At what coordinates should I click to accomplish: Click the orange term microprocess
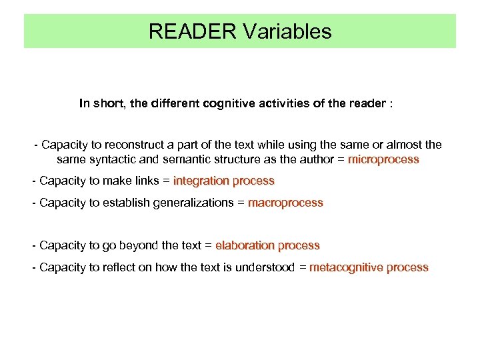(383, 159)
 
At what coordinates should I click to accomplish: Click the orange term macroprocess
(285, 203)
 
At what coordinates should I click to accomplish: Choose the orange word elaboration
(245, 245)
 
